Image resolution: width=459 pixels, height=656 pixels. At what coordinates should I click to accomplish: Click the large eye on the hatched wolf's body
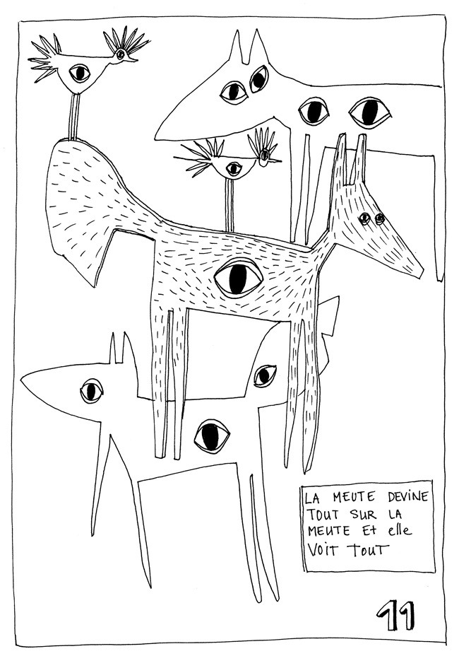click(x=239, y=278)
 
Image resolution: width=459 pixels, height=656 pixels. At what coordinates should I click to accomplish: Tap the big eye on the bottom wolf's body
click(x=212, y=435)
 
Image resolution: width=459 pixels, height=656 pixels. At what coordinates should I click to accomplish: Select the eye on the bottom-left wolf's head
click(x=92, y=390)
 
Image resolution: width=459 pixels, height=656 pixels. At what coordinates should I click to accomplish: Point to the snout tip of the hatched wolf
click(x=422, y=272)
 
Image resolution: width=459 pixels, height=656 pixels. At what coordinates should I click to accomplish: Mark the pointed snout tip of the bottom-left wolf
click(x=23, y=382)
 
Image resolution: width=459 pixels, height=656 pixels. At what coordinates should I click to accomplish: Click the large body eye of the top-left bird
click(x=79, y=72)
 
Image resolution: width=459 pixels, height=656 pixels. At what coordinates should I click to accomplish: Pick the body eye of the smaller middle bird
click(x=233, y=168)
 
